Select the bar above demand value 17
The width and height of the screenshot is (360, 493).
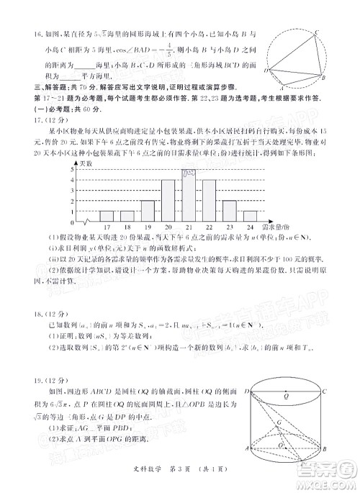pyautogui.click(x=107, y=215)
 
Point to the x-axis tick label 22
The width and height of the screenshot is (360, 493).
pyautogui.click(x=210, y=226)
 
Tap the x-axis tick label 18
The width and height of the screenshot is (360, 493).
pyautogui.click(x=127, y=226)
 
